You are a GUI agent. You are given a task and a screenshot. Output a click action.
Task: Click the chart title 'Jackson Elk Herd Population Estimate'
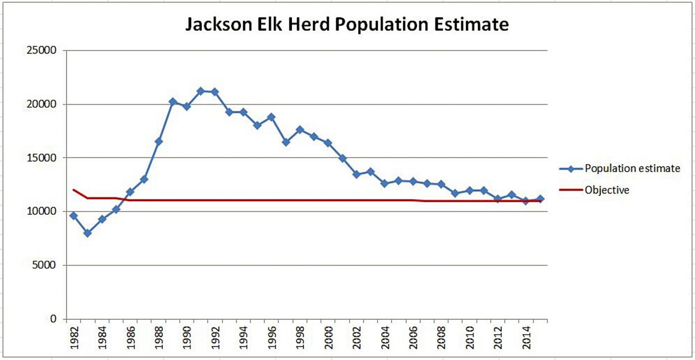tap(347, 25)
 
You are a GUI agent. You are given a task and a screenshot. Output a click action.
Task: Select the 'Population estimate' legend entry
tap(632, 168)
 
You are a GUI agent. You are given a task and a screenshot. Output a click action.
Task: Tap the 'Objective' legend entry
tap(606, 190)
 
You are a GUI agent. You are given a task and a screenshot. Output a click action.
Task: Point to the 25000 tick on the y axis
tap(45, 51)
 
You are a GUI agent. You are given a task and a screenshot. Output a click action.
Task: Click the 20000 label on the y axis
tap(45, 104)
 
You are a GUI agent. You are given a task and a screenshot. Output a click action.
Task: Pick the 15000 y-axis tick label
tap(45, 158)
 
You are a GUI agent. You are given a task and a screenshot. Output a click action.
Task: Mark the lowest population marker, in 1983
tap(87, 233)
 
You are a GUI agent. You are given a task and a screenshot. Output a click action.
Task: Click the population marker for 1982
tap(73, 216)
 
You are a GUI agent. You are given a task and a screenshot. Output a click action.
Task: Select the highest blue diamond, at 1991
tap(201, 91)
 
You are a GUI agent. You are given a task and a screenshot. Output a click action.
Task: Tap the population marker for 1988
tap(159, 141)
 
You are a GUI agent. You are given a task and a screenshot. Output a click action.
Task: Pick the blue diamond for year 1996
tap(271, 117)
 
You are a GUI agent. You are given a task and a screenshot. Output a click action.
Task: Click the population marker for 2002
tap(356, 174)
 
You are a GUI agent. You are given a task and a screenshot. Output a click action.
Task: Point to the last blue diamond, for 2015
tap(540, 199)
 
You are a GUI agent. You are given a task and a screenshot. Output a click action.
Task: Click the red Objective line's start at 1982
tap(73, 190)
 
